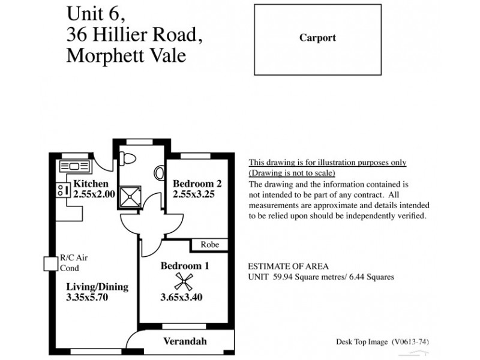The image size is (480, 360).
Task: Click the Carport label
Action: click(317, 38)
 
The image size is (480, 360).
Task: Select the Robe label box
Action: click(209, 245)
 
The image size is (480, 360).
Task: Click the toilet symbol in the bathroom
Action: click(127, 158)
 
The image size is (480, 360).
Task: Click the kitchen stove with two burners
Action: click(61, 190)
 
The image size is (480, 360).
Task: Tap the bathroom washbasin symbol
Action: click(159, 173)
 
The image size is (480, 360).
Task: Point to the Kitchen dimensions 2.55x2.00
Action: click(94, 194)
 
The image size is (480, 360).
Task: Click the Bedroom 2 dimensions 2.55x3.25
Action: click(193, 194)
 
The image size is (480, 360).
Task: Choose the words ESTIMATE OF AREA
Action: click(288, 266)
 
